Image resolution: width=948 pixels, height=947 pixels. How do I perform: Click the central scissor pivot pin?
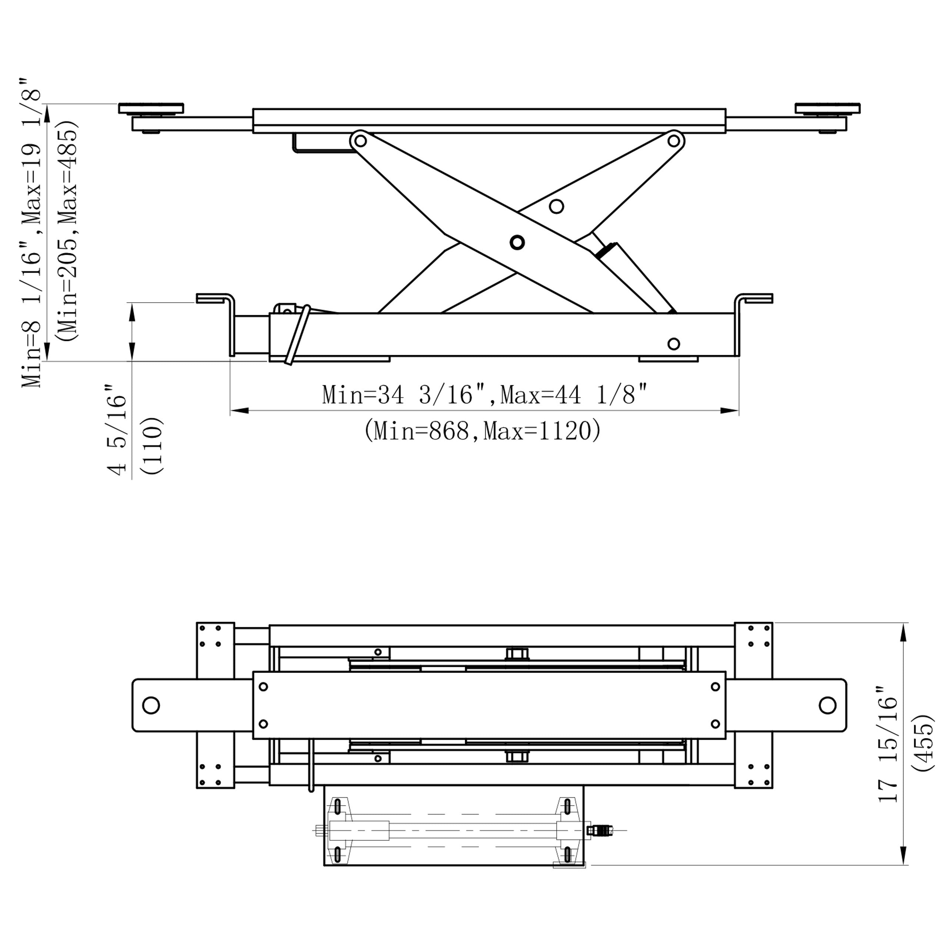coord(517,242)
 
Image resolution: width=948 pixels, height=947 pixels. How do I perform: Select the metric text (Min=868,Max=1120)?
coord(483,431)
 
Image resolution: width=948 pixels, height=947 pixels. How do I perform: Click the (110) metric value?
coord(151,446)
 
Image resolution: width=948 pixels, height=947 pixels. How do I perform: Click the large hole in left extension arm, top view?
coord(151,706)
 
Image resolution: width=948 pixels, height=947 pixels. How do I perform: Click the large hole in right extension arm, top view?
coord(828,706)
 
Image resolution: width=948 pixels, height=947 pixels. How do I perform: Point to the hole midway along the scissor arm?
coord(556,206)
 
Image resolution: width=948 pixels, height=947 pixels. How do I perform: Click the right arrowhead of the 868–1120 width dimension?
coord(730,411)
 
